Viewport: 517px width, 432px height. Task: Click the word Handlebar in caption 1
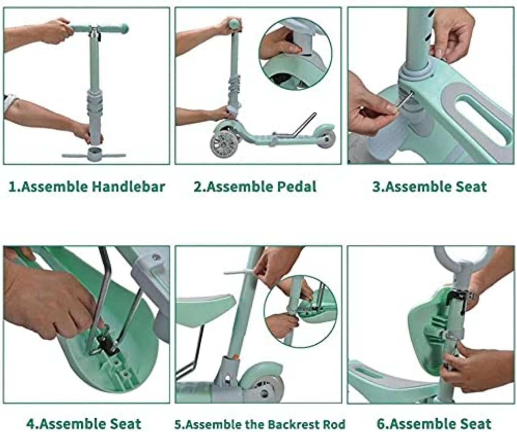128,187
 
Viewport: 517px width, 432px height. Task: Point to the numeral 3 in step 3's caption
376,187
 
